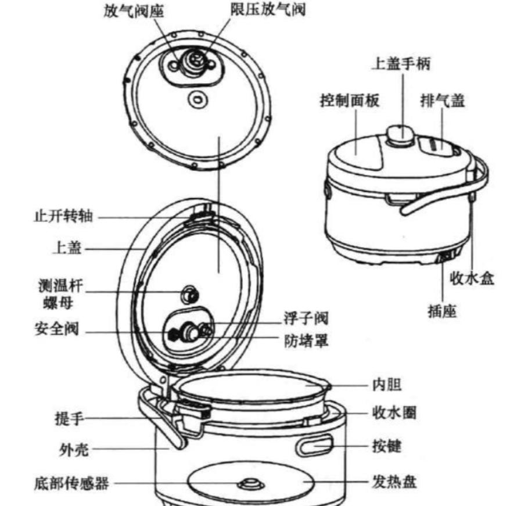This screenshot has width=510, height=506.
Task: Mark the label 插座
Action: click(441, 312)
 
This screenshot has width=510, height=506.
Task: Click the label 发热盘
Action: click(394, 482)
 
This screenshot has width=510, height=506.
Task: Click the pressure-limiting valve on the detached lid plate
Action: click(195, 60)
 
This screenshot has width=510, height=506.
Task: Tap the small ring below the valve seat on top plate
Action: click(198, 99)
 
